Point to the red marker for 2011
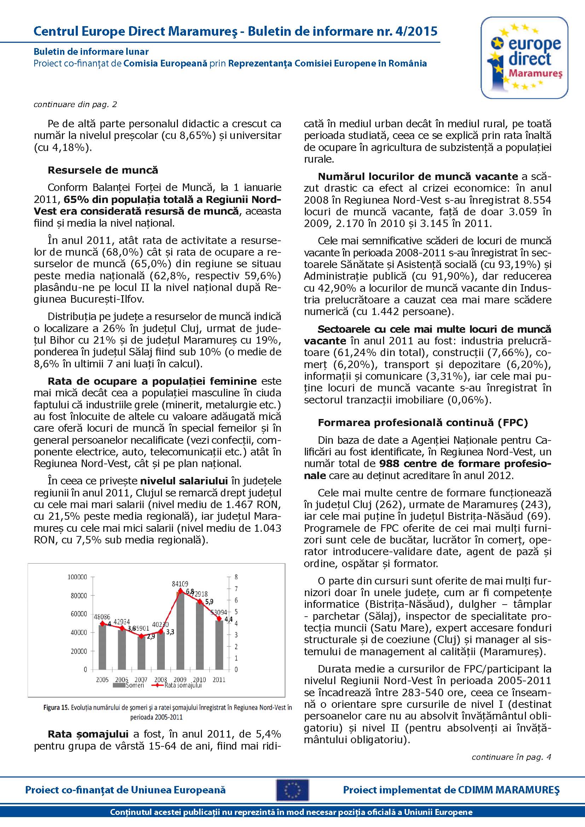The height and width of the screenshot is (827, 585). pos(219,618)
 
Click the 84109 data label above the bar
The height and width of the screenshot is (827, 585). pos(180,584)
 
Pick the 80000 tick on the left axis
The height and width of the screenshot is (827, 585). pos(79,596)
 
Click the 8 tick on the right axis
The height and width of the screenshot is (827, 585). pos(236,577)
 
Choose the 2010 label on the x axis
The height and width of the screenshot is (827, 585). pos(199,680)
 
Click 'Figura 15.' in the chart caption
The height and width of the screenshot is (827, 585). pos(56,707)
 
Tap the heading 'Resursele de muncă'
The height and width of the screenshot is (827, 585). pos(103,170)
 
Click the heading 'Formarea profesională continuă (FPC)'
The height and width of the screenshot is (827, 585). pos(423,423)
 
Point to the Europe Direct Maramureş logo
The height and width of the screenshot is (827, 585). pos(524,58)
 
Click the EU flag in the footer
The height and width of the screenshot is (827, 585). pos(292,790)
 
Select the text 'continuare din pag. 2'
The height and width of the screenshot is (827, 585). pos(75,104)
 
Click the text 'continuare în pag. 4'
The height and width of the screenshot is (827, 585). pos(511,757)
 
